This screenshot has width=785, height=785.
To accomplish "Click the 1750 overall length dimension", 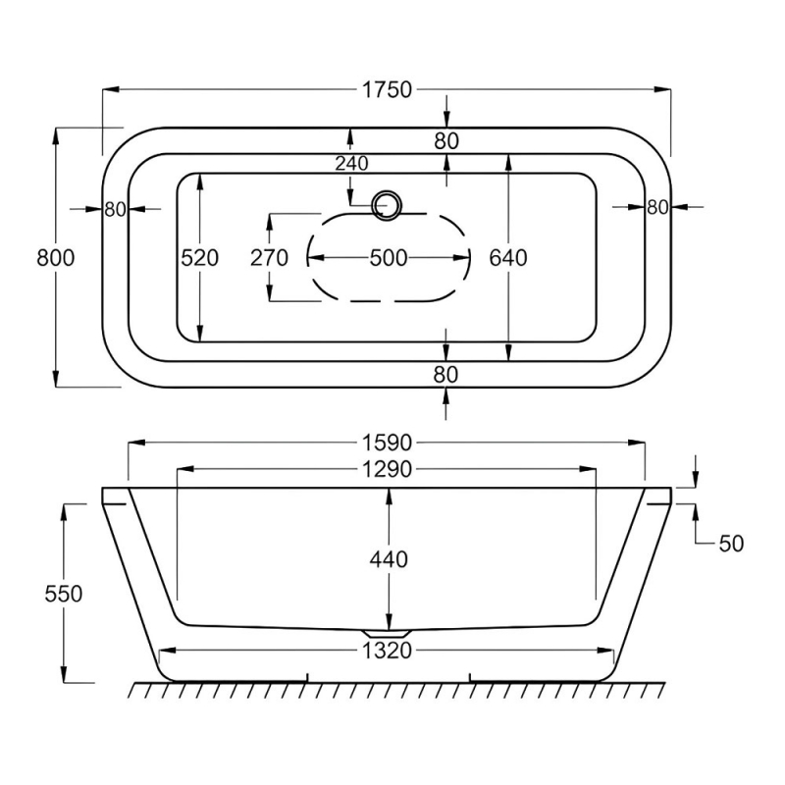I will (386, 90).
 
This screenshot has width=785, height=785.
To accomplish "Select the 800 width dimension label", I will (56, 258).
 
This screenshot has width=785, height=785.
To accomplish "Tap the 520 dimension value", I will (198, 258).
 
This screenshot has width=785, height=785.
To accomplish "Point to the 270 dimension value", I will (269, 258).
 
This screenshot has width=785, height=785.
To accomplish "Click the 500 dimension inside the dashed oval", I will (388, 258).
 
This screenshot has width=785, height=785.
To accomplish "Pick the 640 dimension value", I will (508, 258).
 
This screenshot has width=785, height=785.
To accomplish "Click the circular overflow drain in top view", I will (387, 205).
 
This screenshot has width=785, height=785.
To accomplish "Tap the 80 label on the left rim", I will (116, 208).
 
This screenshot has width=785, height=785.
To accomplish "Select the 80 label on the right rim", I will (657, 207).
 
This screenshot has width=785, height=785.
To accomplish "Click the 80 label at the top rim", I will (446, 140).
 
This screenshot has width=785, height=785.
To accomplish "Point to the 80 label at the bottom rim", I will (446, 373).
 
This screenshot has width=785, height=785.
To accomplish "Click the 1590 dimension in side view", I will (386, 444).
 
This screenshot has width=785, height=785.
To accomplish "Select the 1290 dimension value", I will (386, 470).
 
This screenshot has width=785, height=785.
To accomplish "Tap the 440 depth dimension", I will (389, 559).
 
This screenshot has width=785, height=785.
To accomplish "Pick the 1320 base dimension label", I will (386, 650).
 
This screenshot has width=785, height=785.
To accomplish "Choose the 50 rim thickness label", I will (731, 543).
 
